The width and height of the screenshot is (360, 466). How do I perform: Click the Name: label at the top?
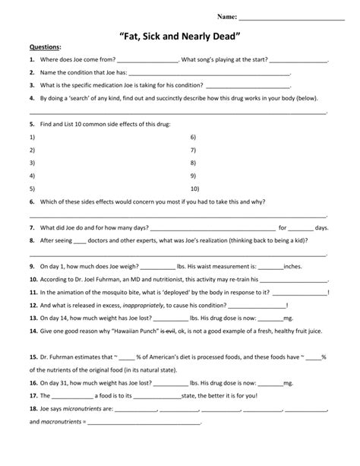[x=227, y=16]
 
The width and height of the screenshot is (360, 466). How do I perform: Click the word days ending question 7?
[x=322, y=227]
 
